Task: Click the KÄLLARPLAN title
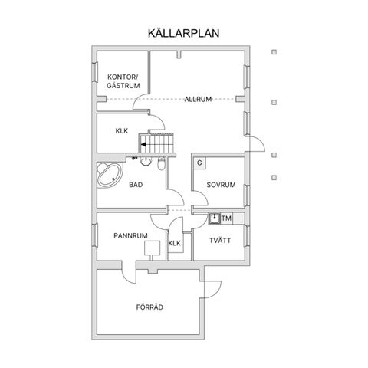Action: (x=183, y=33)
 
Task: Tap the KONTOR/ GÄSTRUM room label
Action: (x=123, y=81)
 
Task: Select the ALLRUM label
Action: (x=198, y=99)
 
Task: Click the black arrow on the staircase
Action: (x=143, y=144)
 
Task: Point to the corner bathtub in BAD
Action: (x=109, y=175)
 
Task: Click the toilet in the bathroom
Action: (x=161, y=163)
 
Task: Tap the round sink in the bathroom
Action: (x=146, y=161)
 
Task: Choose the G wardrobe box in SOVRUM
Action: (x=199, y=163)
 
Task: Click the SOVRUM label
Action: (x=221, y=185)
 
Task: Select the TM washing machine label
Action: (x=226, y=219)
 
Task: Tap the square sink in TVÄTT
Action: (x=214, y=219)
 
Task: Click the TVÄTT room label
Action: (x=220, y=241)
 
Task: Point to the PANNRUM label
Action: (x=130, y=235)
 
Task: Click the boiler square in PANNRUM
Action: (x=153, y=248)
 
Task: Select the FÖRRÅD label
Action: (x=149, y=307)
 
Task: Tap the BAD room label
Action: (x=136, y=185)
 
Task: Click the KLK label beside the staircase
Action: (x=122, y=131)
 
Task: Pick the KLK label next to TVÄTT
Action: (x=175, y=243)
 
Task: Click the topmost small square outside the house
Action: (x=274, y=52)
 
